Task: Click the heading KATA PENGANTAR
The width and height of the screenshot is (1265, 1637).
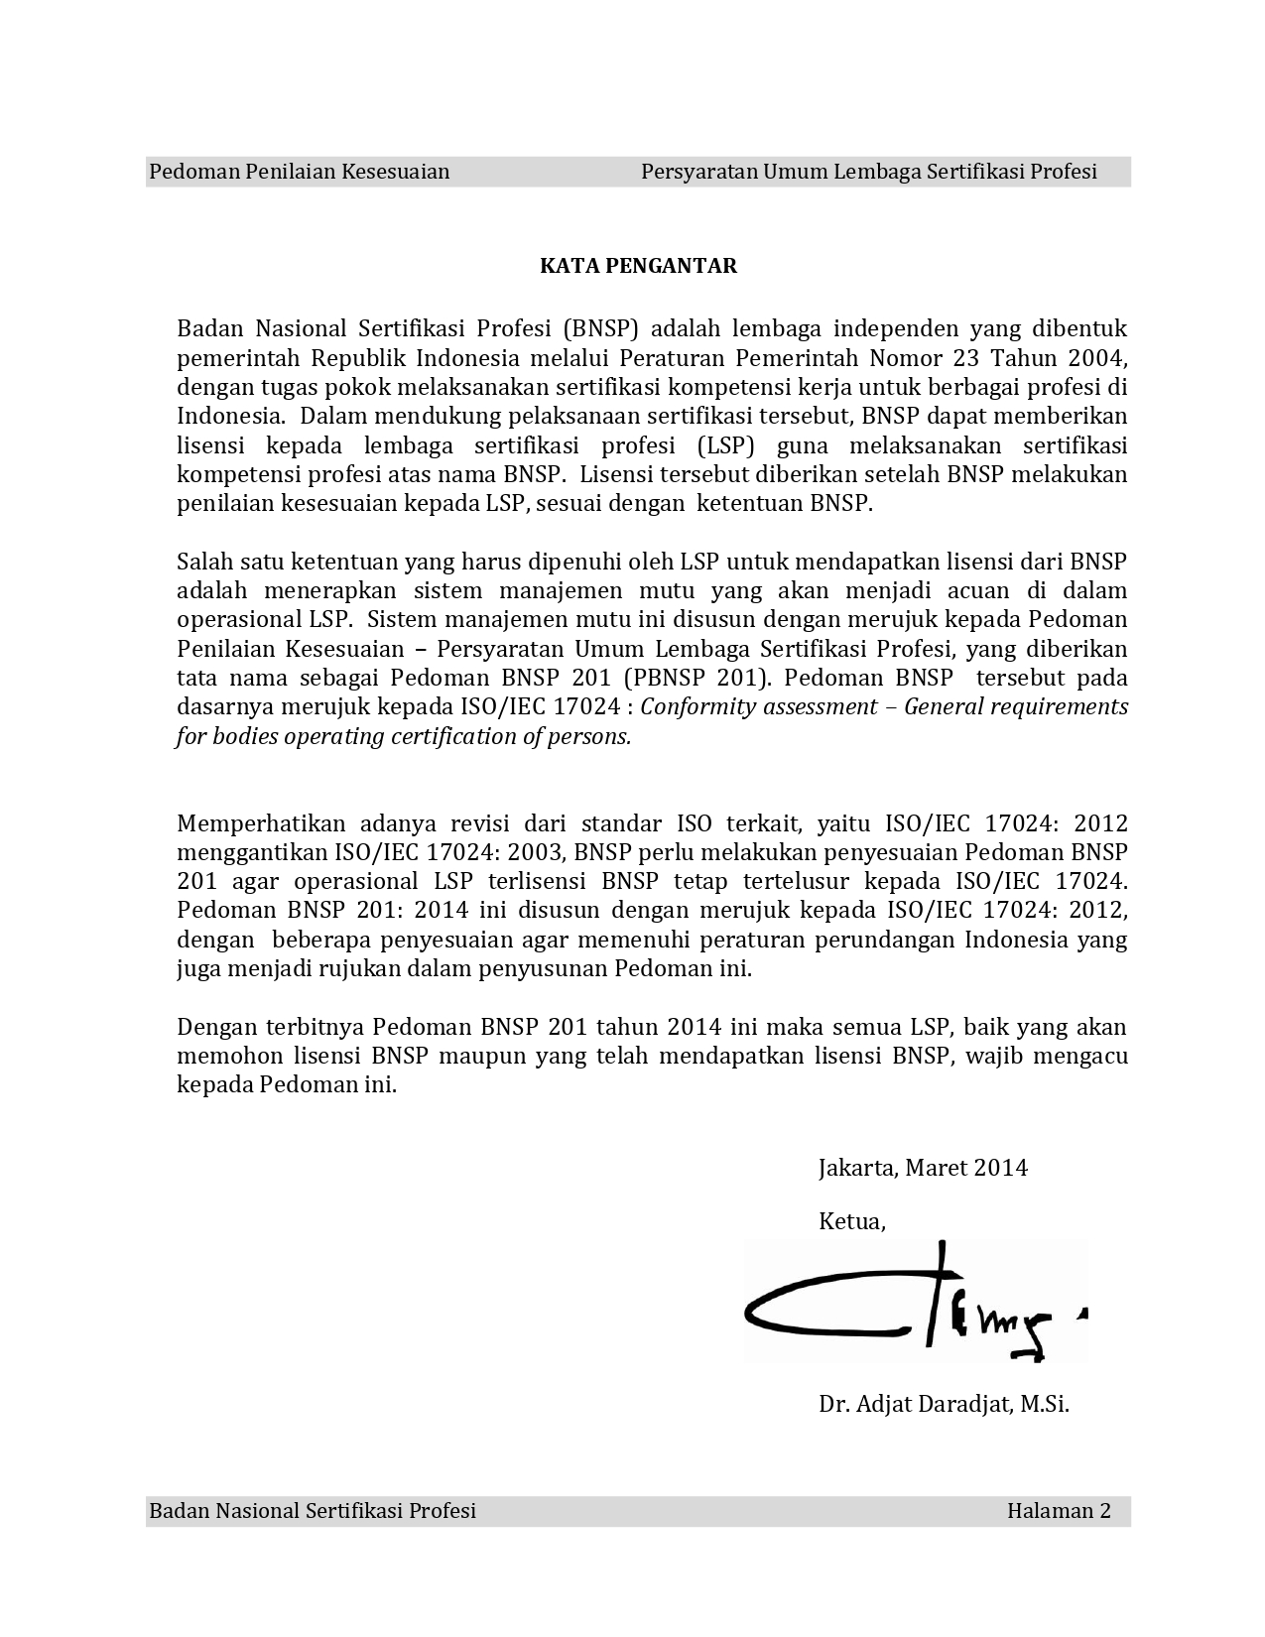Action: pos(638,266)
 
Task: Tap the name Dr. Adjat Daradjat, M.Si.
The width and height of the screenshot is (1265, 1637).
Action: pos(944,1404)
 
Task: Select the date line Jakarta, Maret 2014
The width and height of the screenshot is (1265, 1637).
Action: pos(923,1168)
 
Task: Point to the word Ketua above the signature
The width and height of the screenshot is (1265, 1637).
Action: pos(851,1221)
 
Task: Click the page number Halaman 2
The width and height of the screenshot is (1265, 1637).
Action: pos(1058,1511)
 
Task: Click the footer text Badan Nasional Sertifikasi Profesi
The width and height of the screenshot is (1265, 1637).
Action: pos(313,1511)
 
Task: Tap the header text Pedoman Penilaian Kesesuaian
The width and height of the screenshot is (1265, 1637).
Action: pos(299,172)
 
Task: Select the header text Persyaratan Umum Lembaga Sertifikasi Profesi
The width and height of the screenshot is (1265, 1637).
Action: pos(868,172)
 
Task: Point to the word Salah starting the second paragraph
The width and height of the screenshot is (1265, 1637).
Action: pos(204,562)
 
